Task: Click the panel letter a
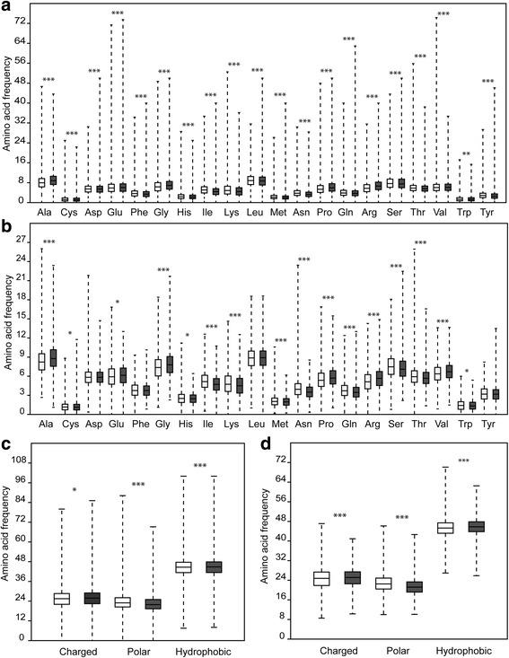(x=6, y=7)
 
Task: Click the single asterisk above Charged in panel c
(x=75, y=492)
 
